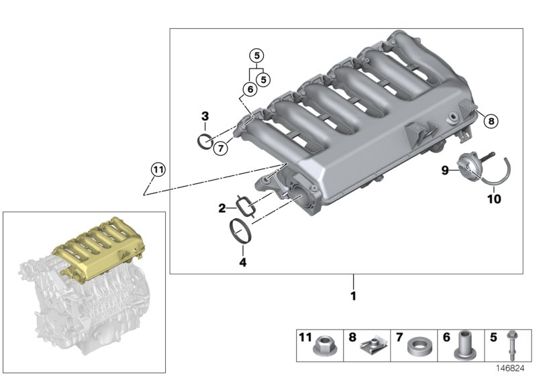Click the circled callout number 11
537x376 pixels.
pyautogui.click(x=156, y=170)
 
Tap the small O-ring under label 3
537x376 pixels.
pyautogui.click(x=206, y=141)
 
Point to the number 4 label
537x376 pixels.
pyautogui.click(x=242, y=263)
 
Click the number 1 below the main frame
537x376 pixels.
pyautogui.click(x=353, y=295)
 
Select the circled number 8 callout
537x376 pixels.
pyautogui.click(x=491, y=121)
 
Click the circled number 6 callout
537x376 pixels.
pyautogui.click(x=248, y=89)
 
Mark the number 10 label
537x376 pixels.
pyautogui.click(x=493, y=199)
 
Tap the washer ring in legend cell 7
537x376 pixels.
pyautogui.click(x=418, y=348)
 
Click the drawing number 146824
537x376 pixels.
pyautogui.click(x=511, y=369)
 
